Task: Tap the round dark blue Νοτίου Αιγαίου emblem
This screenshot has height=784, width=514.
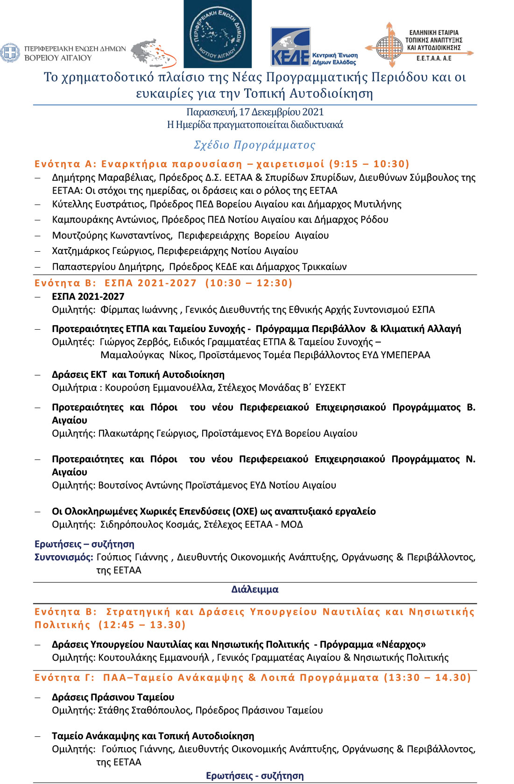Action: click(x=217, y=34)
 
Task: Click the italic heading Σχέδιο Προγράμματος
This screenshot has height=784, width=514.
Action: click(x=254, y=145)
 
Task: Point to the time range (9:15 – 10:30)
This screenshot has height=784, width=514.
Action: click(x=369, y=164)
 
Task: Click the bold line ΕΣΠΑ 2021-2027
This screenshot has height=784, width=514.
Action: click(x=88, y=297)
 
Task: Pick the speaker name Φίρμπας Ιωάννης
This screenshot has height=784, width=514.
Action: click(x=139, y=310)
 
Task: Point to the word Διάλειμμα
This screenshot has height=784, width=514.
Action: click(x=255, y=589)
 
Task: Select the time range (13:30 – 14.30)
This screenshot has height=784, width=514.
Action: click(x=427, y=678)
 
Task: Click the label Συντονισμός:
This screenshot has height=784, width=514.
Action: click(x=64, y=557)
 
